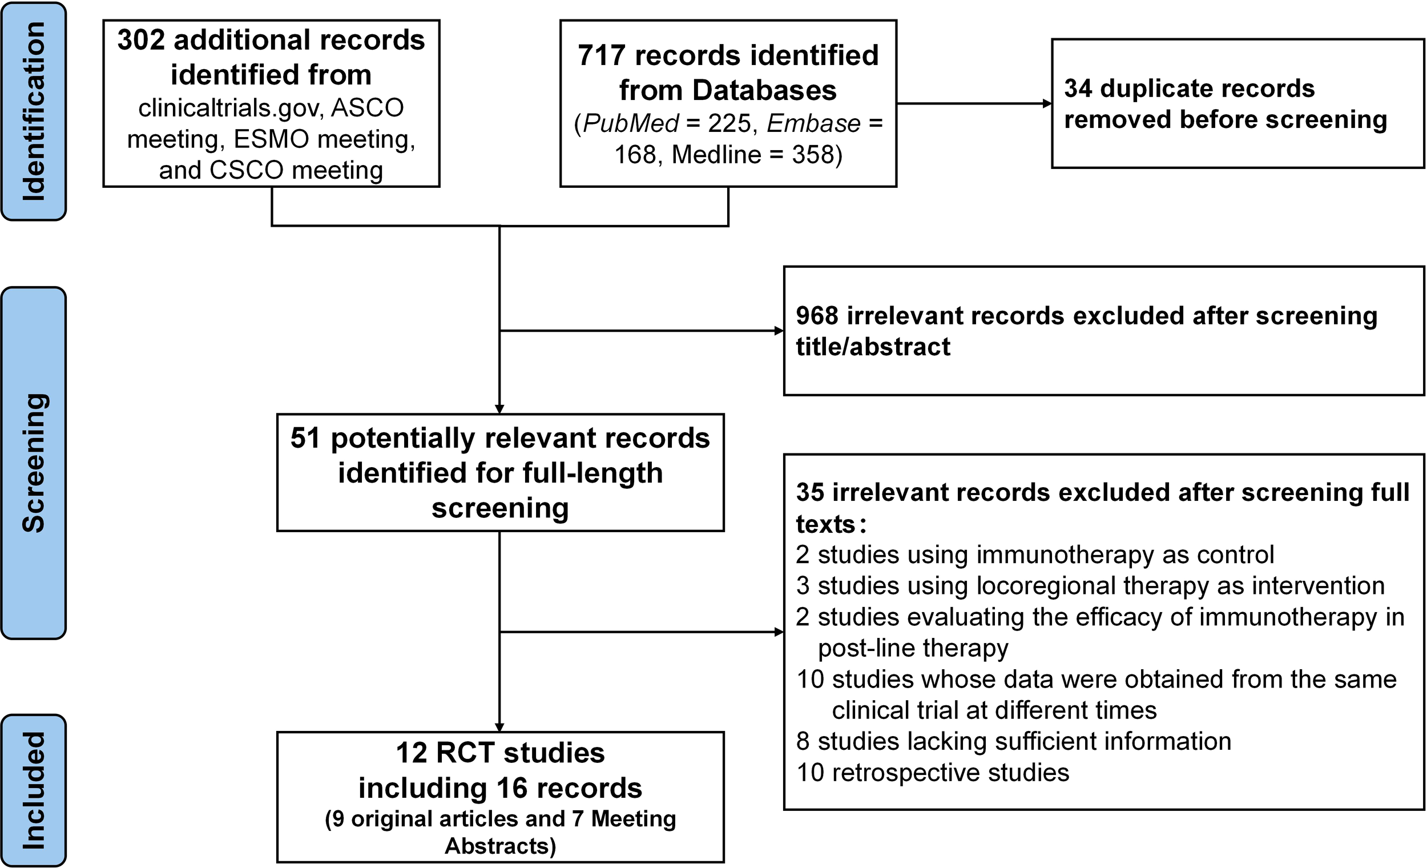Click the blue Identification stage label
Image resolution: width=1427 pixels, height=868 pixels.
point(34,111)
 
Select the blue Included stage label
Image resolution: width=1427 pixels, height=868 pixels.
point(34,790)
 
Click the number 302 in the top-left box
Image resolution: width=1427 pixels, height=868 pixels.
point(140,41)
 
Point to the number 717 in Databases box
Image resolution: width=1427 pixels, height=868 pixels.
point(601,56)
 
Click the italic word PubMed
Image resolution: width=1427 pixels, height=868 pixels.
point(630,123)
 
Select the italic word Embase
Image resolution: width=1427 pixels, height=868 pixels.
point(814,123)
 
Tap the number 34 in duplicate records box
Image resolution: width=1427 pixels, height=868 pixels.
point(1078,89)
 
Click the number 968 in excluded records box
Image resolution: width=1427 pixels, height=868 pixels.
point(817,316)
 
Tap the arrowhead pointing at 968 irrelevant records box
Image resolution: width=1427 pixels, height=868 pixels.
point(779,331)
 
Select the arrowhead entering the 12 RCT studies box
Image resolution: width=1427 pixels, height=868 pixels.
point(499,728)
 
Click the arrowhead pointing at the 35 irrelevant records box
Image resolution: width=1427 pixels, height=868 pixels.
point(779,632)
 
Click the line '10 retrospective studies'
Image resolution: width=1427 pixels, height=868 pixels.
point(933,773)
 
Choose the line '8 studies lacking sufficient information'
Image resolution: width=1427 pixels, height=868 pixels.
point(1013,742)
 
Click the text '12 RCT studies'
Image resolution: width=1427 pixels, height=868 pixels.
point(500,753)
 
